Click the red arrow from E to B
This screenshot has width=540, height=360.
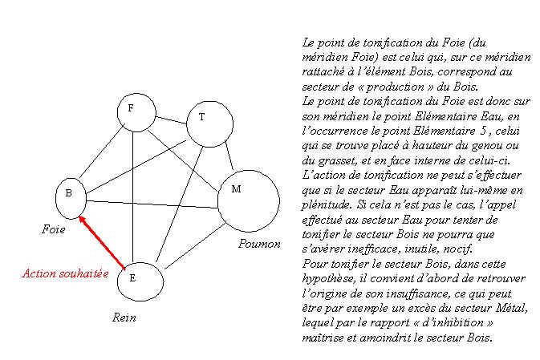102,242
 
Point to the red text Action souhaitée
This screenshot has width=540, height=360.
66,273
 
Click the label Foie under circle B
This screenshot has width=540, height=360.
54,229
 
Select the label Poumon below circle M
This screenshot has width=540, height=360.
259,244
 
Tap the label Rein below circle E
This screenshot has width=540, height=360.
124,318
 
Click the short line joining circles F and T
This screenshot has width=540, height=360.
171,120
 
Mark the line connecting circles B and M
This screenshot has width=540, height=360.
152,204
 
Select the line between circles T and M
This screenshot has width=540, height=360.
229,155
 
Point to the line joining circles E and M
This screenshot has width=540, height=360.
195,245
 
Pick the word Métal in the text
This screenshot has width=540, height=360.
511,308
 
